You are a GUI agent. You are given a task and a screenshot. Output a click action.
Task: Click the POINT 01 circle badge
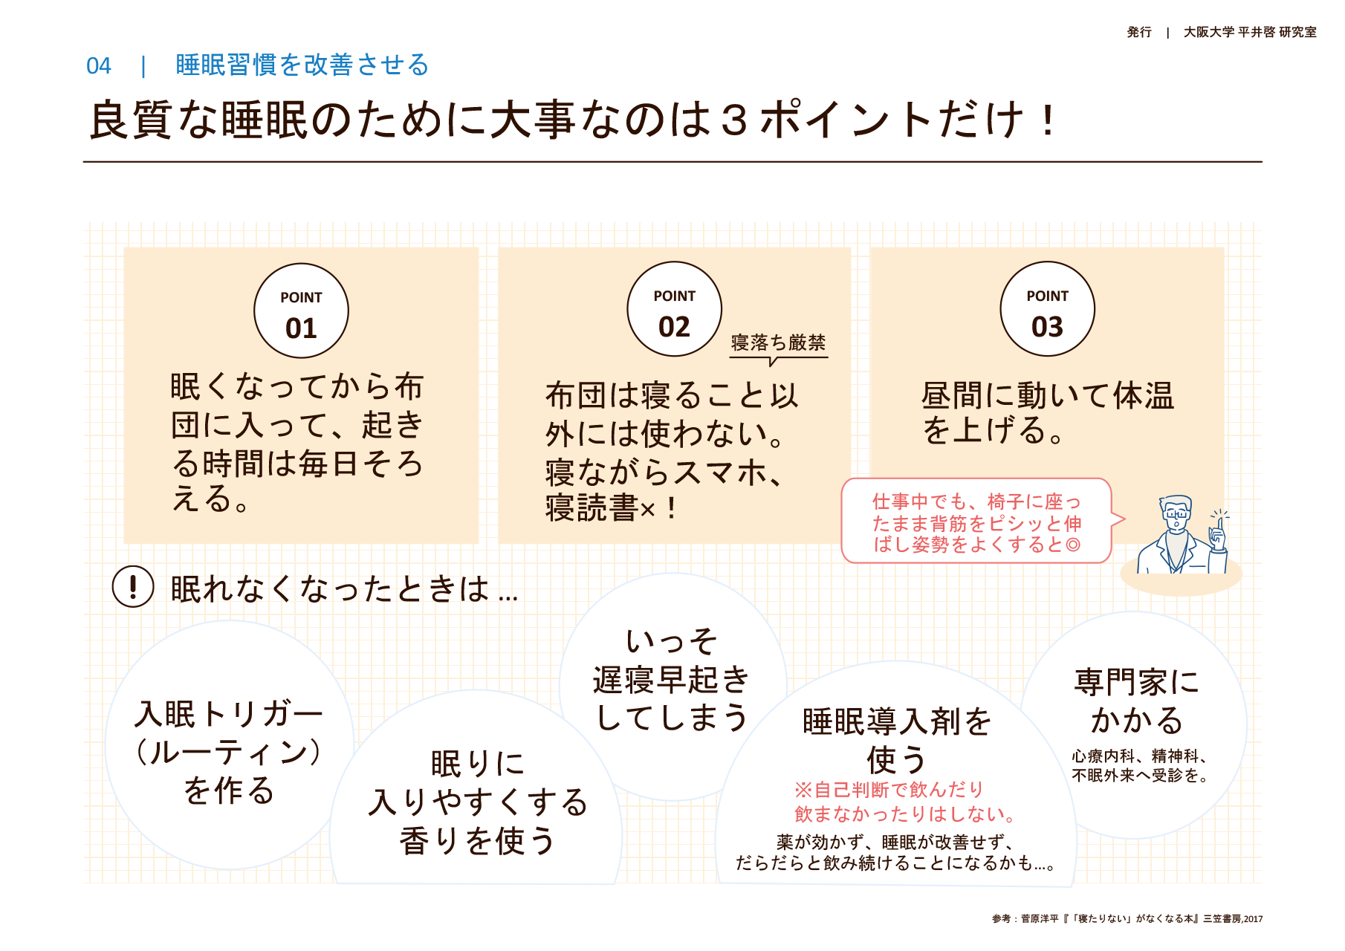coord(301,311)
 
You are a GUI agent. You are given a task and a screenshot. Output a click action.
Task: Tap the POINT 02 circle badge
coord(674,309)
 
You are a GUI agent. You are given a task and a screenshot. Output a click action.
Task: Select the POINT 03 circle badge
coord(1047,309)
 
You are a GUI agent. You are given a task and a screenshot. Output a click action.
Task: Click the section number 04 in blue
coord(99,66)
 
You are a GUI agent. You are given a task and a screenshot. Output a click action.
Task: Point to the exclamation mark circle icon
coord(133,587)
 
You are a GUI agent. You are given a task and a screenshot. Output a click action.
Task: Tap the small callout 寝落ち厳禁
coord(778,343)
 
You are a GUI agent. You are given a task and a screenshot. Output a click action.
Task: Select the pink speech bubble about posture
coord(976,522)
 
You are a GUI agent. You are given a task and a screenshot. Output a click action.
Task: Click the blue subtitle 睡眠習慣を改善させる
coord(302,65)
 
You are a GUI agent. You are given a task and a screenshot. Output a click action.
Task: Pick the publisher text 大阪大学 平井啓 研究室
coord(1249,32)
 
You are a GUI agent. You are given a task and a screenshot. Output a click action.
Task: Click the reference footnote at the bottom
coord(1127,919)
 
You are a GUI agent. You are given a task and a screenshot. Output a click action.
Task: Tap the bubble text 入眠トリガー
coord(228,715)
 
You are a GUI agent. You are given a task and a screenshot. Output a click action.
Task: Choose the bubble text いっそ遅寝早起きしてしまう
coord(672,680)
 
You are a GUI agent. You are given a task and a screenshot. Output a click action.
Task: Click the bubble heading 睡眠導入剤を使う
coord(896,740)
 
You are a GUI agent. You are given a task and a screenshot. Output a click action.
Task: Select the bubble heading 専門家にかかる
coord(1136,701)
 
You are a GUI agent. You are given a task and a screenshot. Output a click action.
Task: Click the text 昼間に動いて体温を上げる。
coord(1047,412)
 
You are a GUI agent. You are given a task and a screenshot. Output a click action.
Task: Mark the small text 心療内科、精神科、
coord(1138,756)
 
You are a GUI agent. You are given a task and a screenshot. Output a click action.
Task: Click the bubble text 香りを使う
coord(477,841)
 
